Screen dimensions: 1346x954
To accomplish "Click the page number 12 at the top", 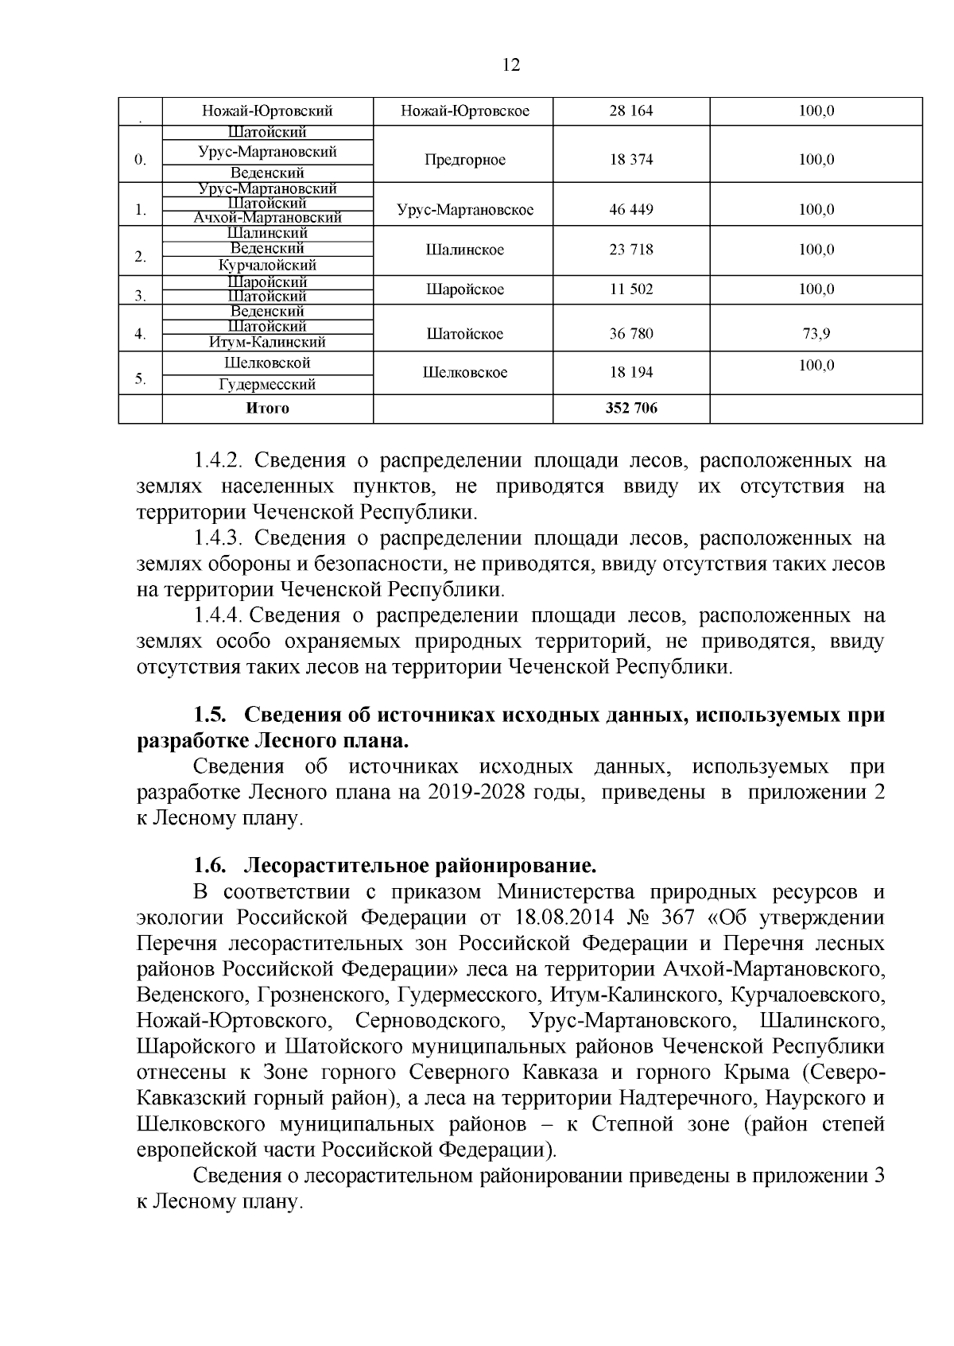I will click(x=512, y=65).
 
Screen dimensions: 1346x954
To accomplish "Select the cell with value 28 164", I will click(x=630, y=111).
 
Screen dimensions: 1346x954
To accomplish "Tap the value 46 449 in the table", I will click(x=630, y=210).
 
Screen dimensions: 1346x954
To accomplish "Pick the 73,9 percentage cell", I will click(x=816, y=334).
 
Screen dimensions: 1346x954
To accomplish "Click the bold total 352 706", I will click(x=631, y=409).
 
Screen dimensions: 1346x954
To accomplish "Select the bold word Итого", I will click(x=267, y=409).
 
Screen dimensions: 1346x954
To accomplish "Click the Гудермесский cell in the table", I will click(x=267, y=385).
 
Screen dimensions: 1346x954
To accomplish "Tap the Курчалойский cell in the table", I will click(x=267, y=266).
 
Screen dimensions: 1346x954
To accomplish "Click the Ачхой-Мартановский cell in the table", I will click(x=267, y=218).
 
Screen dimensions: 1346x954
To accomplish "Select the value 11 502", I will click(x=630, y=289).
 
